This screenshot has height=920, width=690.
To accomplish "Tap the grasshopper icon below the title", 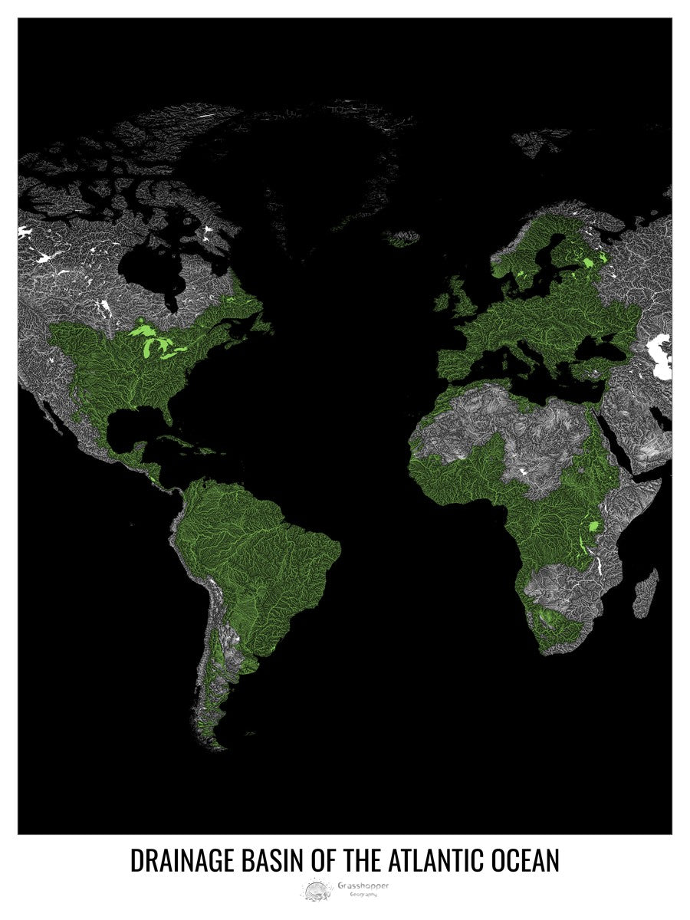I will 316,889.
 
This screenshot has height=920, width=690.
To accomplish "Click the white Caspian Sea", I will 660,357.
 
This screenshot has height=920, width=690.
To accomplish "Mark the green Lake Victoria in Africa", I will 593,527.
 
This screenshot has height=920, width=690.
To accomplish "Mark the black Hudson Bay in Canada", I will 149,268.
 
